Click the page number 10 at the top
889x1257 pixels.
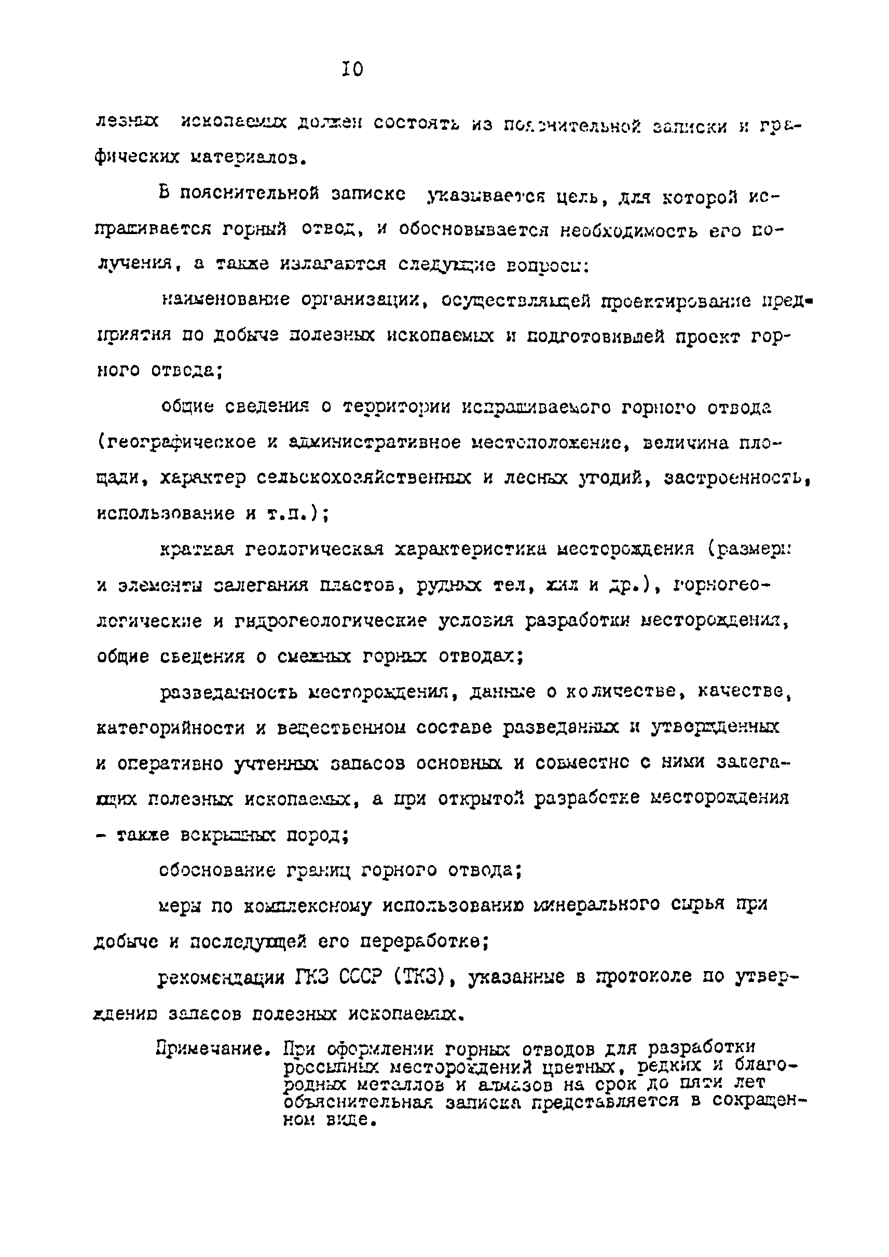[352, 69]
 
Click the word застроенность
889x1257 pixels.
[736, 479]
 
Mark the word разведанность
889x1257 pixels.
[229, 693]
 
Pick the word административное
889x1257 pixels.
[374, 443]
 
